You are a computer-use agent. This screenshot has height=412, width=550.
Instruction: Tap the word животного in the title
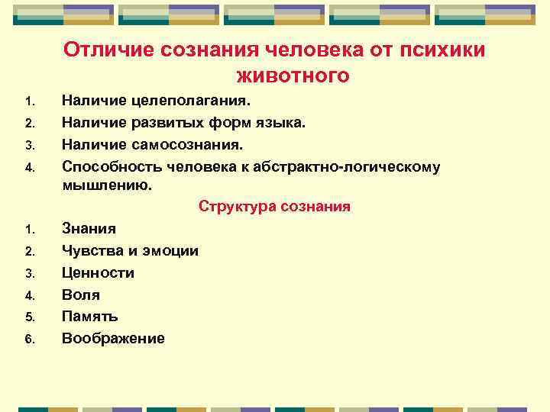pos(293,76)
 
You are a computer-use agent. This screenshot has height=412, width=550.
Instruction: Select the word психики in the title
pos(446,50)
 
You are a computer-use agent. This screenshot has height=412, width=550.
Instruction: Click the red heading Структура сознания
pos(274,206)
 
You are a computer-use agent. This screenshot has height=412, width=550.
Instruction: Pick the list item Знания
pos(89,228)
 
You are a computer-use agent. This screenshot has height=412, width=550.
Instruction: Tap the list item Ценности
pos(98,272)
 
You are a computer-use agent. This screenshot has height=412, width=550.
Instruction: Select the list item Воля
pos(80,295)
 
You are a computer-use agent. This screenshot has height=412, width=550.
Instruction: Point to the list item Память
pos(89,316)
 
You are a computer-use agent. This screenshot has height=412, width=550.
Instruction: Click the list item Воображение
pos(112,338)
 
